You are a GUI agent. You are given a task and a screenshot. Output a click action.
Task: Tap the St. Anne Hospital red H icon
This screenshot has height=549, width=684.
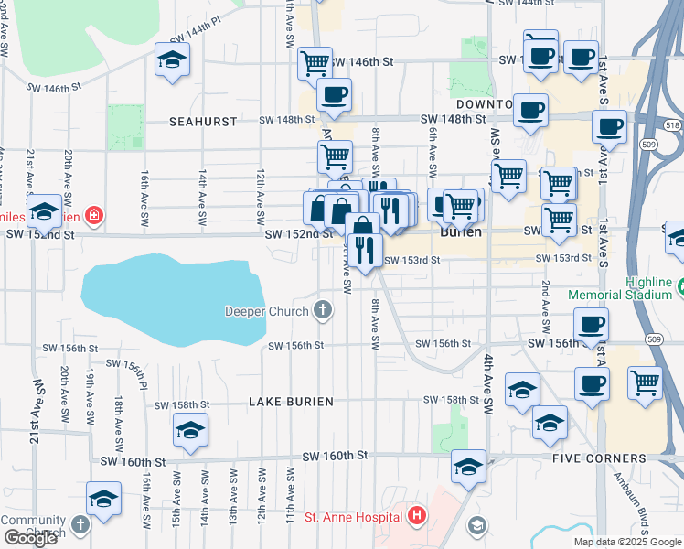418,517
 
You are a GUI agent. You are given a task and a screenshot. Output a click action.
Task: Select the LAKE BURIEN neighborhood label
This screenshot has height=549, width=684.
289,402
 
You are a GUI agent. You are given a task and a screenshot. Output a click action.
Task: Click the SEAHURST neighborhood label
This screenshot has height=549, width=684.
203,121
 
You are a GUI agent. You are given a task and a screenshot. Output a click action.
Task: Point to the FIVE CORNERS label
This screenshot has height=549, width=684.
599,457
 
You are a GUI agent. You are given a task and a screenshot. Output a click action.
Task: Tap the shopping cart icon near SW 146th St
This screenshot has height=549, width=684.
315,63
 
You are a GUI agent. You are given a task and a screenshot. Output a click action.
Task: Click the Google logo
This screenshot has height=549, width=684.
30,538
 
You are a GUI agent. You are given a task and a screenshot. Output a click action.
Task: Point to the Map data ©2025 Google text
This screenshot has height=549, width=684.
628,542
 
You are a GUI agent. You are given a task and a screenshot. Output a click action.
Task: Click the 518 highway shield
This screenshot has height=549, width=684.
673,124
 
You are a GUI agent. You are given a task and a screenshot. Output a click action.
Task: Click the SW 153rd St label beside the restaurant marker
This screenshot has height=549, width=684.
411,261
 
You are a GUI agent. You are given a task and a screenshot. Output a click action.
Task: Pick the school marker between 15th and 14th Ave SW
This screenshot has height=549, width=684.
190,430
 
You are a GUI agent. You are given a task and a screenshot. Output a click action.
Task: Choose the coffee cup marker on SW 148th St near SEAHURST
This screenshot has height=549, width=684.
334,94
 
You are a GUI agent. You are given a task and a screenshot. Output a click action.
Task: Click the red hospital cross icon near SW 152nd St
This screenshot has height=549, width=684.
92,216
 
